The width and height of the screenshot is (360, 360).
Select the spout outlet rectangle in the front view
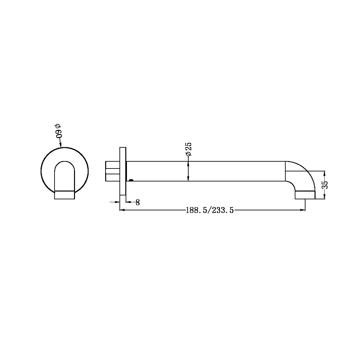click(x=64, y=195)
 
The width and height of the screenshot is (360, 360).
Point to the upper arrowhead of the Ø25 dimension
click(x=188, y=163)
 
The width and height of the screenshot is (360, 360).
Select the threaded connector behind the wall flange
click(x=112, y=171)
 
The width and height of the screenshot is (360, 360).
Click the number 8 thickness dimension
click(x=138, y=203)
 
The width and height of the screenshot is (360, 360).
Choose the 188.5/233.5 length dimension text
click(x=210, y=210)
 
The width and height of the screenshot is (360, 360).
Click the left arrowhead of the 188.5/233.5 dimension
click(x=122, y=210)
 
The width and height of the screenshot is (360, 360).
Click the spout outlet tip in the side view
click(x=305, y=195)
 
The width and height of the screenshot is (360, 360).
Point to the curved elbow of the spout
click(x=304, y=174)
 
